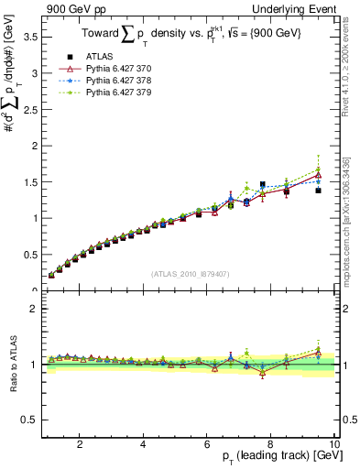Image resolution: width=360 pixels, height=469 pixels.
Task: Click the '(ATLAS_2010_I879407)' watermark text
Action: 189,274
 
